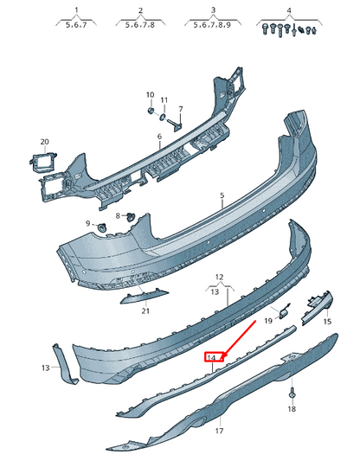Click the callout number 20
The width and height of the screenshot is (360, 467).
[x=44, y=141]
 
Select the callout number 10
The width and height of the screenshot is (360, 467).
[x=149, y=95]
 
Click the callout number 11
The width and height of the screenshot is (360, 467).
[x=165, y=100]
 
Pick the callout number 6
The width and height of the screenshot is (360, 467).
[x=159, y=137]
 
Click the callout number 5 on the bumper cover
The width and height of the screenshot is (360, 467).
[x=222, y=196]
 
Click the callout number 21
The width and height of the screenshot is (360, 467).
[x=145, y=310]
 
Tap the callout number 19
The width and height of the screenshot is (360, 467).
[x=269, y=321]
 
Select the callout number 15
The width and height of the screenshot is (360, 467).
[x=327, y=322]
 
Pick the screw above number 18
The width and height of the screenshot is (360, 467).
[x=291, y=393]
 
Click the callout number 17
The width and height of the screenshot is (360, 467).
[x=219, y=430]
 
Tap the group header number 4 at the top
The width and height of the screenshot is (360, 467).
[x=290, y=10]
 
